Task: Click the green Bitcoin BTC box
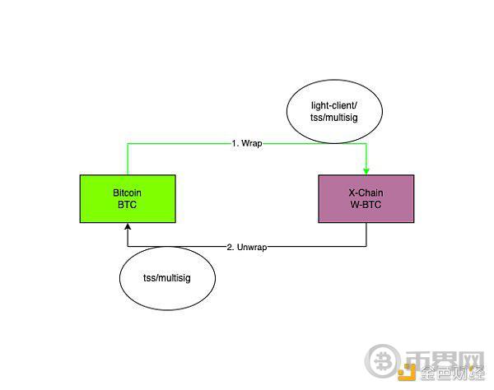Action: click(128, 198)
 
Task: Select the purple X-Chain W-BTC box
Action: click(366, 198)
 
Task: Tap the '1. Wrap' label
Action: click(247, 143)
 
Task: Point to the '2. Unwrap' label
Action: click(247, 247)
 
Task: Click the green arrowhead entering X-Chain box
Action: click(366, 171)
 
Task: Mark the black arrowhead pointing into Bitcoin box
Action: click(128, 226)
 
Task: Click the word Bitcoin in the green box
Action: click(128, 193)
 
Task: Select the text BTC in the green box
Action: click(128, 205)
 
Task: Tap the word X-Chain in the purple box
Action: click(366, 193)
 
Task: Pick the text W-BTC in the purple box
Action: click(366, 205)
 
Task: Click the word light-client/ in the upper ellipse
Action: click(334, 105)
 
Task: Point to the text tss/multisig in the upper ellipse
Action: click(334, 118)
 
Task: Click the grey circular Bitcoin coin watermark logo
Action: click(383, 360)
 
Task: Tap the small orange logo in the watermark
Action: click(407, 372)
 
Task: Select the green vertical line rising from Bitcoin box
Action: click(128, 160)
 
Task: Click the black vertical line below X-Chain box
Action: click(366, 234)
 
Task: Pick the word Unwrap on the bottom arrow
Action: click(252, 247)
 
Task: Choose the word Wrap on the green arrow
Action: click(252, 143)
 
